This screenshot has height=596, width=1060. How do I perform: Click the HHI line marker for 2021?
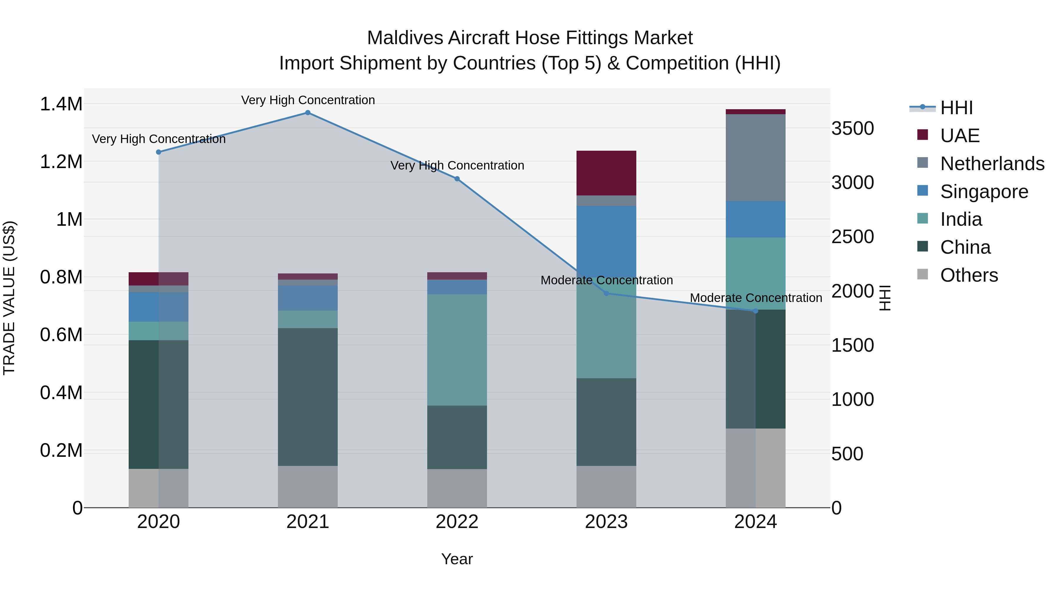pos(307,113)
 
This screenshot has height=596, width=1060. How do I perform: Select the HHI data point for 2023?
pos(606,293)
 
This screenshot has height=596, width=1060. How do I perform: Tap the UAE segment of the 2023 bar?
pos(606,173)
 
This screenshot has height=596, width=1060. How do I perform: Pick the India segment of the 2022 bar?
pos(457,350)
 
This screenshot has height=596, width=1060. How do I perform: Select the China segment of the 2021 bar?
pos(307,397)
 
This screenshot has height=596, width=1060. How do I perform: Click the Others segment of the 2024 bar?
pos(756,468)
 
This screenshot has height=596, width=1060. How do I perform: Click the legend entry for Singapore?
pos(983,192)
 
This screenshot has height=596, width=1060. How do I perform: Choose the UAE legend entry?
pos(960,136)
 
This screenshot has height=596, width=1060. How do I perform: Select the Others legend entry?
pos(969,275)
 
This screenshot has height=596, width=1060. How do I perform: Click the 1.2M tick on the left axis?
pos(61,162)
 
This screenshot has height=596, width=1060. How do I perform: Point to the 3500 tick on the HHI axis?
pos(853,128)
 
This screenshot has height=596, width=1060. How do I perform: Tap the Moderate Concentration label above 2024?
pos(756,298)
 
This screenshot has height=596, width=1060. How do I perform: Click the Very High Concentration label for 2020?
pos(158,139)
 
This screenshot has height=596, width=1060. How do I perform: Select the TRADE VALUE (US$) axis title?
pos(9,298)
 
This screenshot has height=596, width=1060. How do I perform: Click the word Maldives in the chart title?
pos(405,38)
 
